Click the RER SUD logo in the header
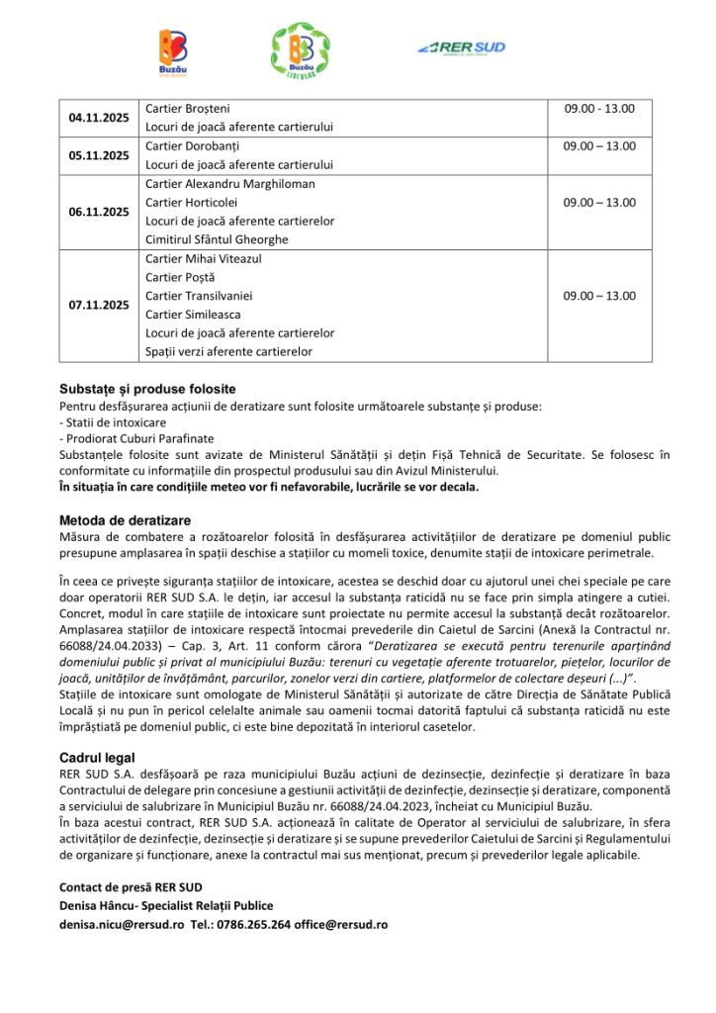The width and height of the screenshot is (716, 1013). [462, 46]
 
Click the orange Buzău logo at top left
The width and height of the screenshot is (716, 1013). [173, 51]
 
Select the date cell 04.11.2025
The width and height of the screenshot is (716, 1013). [99, 118]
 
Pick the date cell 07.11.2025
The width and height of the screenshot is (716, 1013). [99, 305]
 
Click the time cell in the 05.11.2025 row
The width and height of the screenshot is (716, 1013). [599, 146]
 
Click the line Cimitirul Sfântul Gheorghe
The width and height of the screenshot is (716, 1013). [217, 239]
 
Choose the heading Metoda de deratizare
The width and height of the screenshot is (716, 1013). [125, 520]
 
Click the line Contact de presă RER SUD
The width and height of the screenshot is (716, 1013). [131, 886]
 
